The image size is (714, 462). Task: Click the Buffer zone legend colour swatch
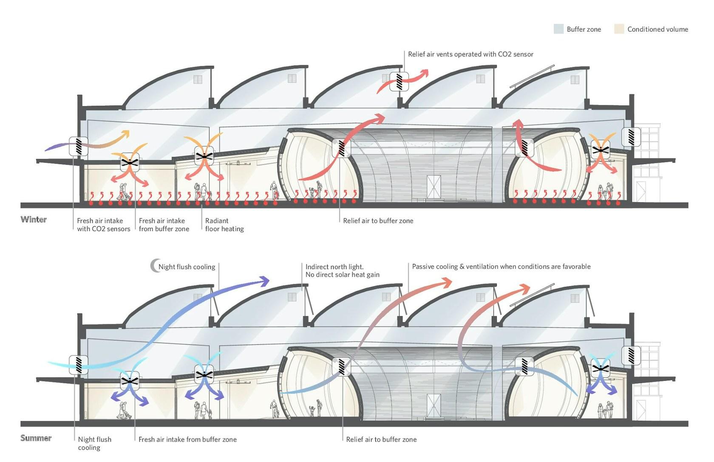click(558, 29)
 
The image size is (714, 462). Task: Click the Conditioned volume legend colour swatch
click(619, 29)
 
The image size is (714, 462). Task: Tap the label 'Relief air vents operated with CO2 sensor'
click(470, 54)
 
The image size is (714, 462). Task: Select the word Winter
click(34, 219)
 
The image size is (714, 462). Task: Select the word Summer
click(36, 438)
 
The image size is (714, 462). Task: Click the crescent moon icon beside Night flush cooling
click(155, 266)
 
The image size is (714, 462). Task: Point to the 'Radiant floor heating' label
click(224, 225)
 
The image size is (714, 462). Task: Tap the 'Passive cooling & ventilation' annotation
click(501, 266)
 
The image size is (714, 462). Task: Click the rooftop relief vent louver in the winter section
click(399, 82)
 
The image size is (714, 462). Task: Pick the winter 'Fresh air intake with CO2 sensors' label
click(104, 225)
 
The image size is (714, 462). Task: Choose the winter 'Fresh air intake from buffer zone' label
click(164, 225)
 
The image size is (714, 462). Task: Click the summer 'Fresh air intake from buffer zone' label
click(187, 439)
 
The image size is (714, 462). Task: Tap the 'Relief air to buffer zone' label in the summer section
click(381, 439)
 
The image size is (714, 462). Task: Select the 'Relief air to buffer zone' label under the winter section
click(378, 221)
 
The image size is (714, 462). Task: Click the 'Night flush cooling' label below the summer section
click(95, 443)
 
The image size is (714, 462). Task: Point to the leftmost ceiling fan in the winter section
click(130, 163)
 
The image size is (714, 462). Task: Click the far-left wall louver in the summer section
click(78, 365)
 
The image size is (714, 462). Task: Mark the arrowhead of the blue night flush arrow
click(264, 281)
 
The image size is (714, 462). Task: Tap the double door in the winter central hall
click(433, 187)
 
